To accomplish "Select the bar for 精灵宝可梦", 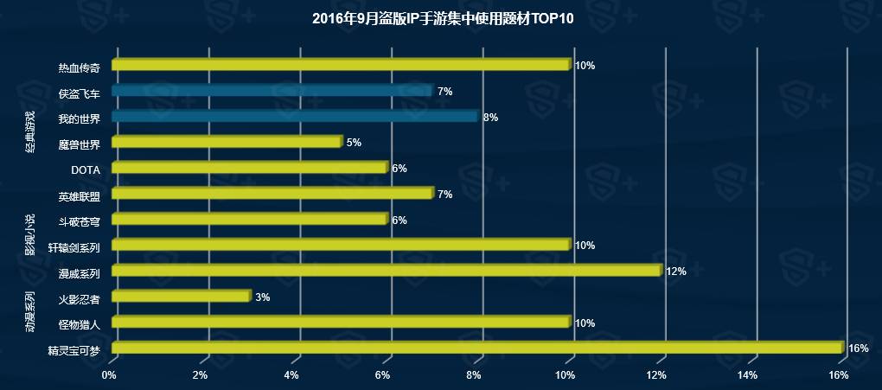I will [x=477, y=348].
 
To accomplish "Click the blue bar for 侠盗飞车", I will [x=272, y=91].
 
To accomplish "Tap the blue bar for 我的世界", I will [x=294, y=116].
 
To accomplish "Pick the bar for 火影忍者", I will [x=181, y=297].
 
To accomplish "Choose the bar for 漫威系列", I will [x=386, y=271].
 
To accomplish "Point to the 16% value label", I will [x=858, y=348].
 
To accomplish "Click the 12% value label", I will [x=675, y=272].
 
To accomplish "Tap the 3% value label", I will [x=263, y=297].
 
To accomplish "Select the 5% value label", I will [x=354, y=143].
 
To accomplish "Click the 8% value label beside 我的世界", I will [x=490, y=117].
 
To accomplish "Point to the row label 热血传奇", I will [x=80, y=67].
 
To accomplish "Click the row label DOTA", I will [x=86, y=169].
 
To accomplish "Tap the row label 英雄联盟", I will [x=80, y=195].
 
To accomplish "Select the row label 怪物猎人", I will [x=80, y=324].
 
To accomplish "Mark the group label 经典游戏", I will [x=30, y=131].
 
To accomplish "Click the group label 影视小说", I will [x=30, y=234].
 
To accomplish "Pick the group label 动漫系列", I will [x=30, y=312].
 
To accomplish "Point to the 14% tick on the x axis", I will [x=747, y=375].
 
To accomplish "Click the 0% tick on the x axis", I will [x=109, y=375].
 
